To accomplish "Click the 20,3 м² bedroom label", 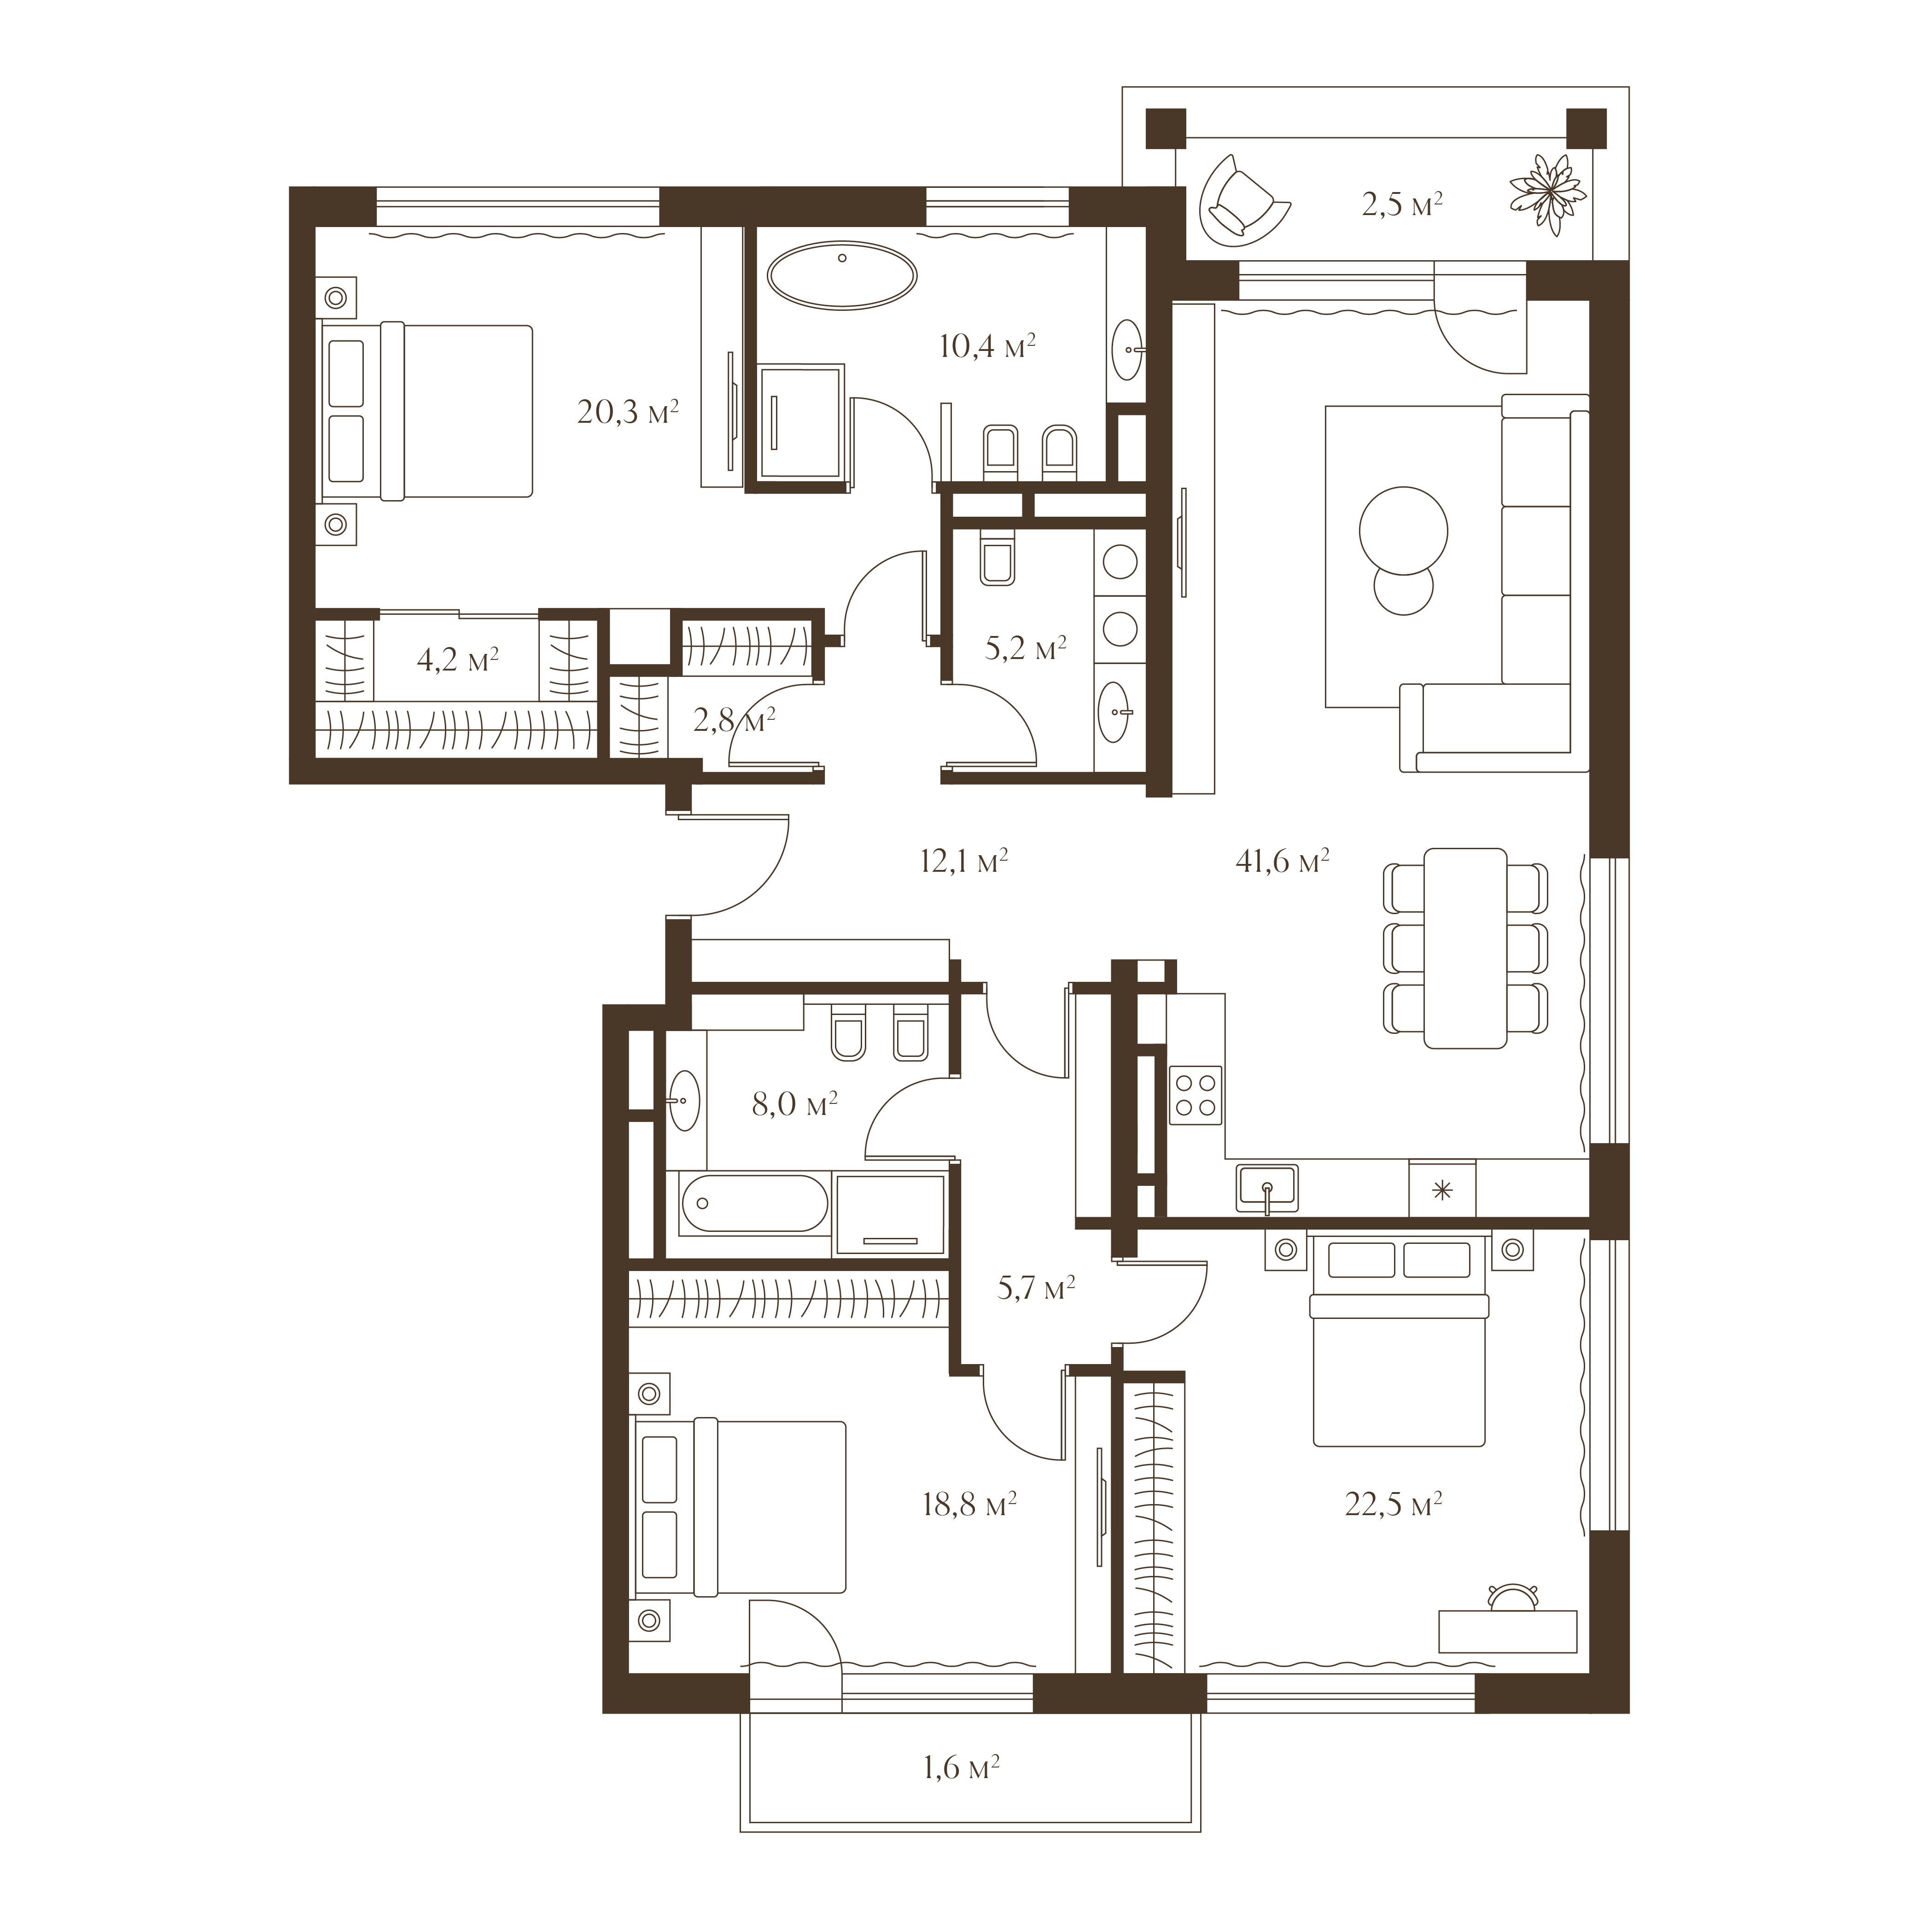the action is tap(628, 412).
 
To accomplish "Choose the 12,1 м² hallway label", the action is tap(963, 861).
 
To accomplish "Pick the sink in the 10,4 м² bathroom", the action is tap(1126, 350).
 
